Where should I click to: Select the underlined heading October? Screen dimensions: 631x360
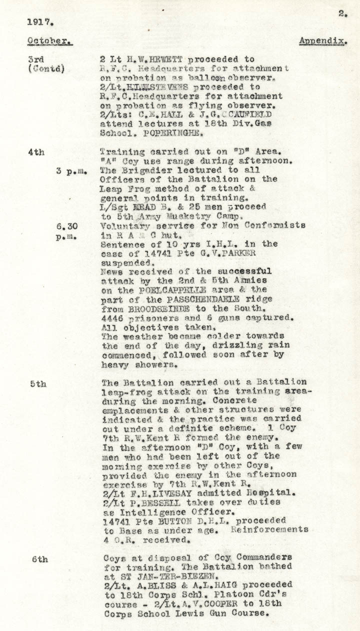pos(49,41)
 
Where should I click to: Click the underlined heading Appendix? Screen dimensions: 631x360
pos(322,41)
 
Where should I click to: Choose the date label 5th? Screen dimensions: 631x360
pos(38,384)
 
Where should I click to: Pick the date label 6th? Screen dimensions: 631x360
pos(39,559)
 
